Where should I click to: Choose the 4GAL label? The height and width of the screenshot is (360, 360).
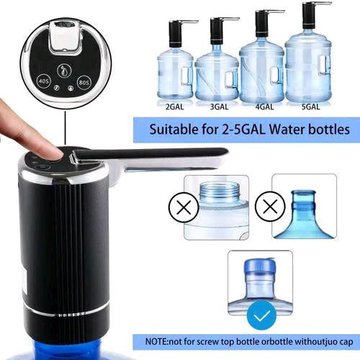[x=264, y=107]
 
